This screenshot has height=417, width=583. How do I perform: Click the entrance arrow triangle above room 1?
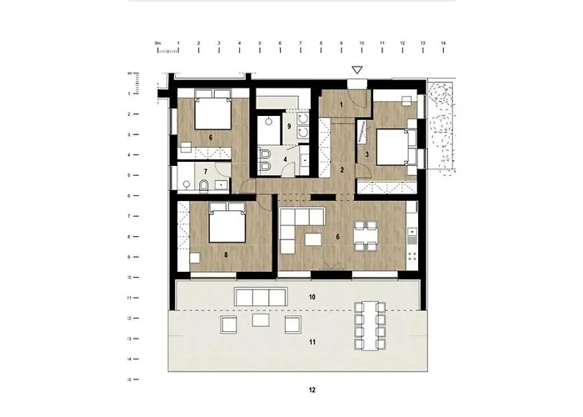click(357, 72)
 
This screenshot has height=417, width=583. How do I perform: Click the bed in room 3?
click(391, 148)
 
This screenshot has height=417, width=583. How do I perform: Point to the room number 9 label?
click(289, 126)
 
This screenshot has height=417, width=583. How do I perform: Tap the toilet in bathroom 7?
click(203, 183)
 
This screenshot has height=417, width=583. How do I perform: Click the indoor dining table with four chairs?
click(367, 236)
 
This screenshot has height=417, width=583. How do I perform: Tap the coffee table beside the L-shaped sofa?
click(314, 239)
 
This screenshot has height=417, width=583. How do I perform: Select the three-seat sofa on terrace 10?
click(258, 297)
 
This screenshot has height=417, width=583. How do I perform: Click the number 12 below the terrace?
click(311, 389)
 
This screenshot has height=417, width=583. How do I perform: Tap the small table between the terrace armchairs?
click(260, 321)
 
